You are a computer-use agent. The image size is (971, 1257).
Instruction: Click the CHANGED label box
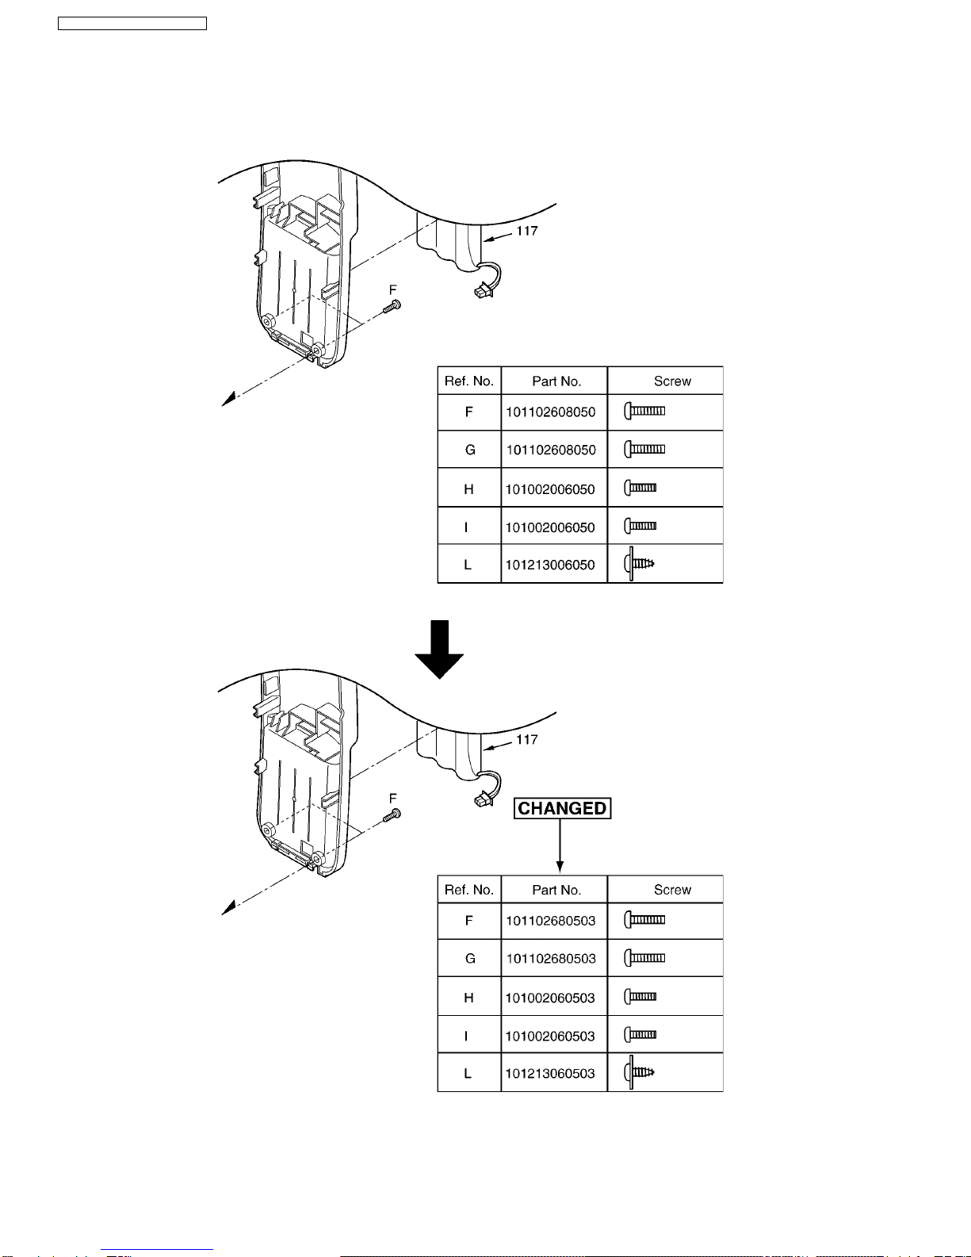[x=562, y=808]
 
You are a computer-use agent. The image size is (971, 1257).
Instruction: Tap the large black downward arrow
[x=439, y=649]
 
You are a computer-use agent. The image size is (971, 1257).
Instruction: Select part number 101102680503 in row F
[x=550, y=920]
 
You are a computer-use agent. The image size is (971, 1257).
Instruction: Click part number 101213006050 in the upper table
[x=549, y=565]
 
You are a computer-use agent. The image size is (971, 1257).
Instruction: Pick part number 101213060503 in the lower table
[x=549, y=1073]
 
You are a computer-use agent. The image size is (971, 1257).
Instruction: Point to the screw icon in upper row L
[x=639, y=563]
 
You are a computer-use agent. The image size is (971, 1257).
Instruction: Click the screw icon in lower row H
[x=640, y=996]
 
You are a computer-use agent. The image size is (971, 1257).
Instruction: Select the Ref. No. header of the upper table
[x=468, y=381]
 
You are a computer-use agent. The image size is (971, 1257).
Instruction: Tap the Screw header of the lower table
[x=672, y=890]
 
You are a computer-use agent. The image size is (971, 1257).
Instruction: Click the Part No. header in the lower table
[x=556, y=890]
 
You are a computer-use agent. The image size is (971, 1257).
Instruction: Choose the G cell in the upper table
[x=470, y=450]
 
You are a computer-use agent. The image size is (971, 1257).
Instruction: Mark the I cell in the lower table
[x=466, y=1036]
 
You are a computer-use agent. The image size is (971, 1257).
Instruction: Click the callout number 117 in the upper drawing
[x=526, y=231]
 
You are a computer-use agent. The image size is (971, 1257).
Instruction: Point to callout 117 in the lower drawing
[x=526, y=739]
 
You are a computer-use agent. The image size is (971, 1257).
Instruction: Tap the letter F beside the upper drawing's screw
[x=393, y=289]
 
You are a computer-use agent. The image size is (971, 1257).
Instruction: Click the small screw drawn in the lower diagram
[x=392, y=815]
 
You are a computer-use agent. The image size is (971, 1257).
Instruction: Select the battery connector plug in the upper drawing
[x=483, y=291]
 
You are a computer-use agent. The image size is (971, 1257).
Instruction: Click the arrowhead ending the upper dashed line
[x=229, y=399]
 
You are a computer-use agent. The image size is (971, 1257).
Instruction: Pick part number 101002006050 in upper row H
[x=549, y=489]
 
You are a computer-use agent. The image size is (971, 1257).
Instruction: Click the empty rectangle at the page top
[x=132, y=23]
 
